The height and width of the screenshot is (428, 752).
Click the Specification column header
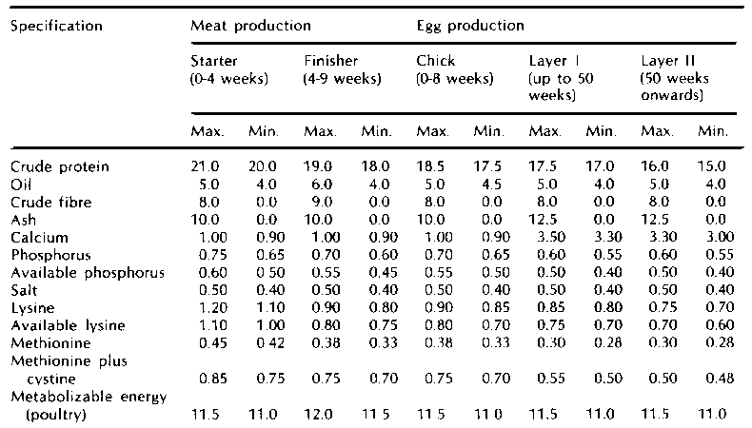coord(55,26)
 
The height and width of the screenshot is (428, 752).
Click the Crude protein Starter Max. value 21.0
coord(205,167)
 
